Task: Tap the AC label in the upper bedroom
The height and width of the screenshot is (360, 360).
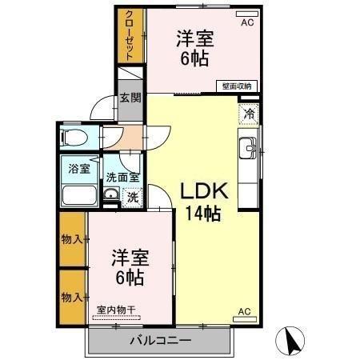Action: pyautogui.click(x=246, y=23)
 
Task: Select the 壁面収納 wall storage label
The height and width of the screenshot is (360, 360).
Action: pyautogui.click(x=237, y=85)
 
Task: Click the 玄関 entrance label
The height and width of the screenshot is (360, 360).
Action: pyautogui.click(x=130, y=98)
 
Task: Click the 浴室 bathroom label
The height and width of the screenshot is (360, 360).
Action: pyautogui.click(x=78, y=169)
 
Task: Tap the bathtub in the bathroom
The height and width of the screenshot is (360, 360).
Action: pyautogui.click(x=78, y=194)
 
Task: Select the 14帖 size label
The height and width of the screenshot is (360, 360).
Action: pyautogui.click(x=204, y=214)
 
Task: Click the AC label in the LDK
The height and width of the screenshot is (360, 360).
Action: pyautogui.click(x=244, y=312)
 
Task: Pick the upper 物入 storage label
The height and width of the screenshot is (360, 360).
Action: pyautogui.click(x=72, y=239)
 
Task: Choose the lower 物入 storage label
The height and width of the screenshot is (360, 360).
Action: pyautogui.click(x=72, y=297)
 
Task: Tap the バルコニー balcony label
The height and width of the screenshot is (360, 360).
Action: pyautogui.click(x=160, y=341)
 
